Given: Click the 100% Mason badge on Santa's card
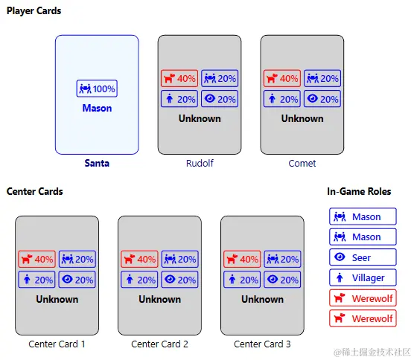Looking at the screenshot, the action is click(97, 89).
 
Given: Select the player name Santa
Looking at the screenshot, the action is click(97, 163).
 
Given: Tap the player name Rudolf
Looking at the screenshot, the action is click(200, 163).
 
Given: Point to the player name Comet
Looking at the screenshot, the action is click(302, 163).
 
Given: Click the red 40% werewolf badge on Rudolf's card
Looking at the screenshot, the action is click(179, 78).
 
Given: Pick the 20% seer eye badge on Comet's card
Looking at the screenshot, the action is click(322, 99).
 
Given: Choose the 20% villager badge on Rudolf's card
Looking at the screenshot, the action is click(179, 99).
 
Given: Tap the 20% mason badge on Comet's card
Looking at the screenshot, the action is click(322, 78).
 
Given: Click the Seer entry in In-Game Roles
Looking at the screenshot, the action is click(363, 257).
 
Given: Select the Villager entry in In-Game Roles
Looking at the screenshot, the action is click(363, 277).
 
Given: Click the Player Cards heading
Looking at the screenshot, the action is click(34, 11).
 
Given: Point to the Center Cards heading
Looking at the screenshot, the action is click(34, 191).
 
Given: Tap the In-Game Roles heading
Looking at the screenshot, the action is click(359, 191).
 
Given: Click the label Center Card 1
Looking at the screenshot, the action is click(57, 344).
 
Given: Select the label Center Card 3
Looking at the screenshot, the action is click(262, 344).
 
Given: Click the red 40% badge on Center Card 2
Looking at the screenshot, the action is click(139, 259).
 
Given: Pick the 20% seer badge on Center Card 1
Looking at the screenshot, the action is click(77, 280).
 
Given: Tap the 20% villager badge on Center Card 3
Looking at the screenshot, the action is click(242, 280).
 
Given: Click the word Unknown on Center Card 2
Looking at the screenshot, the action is click(160, 299).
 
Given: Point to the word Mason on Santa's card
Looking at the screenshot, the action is click(97, 108).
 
